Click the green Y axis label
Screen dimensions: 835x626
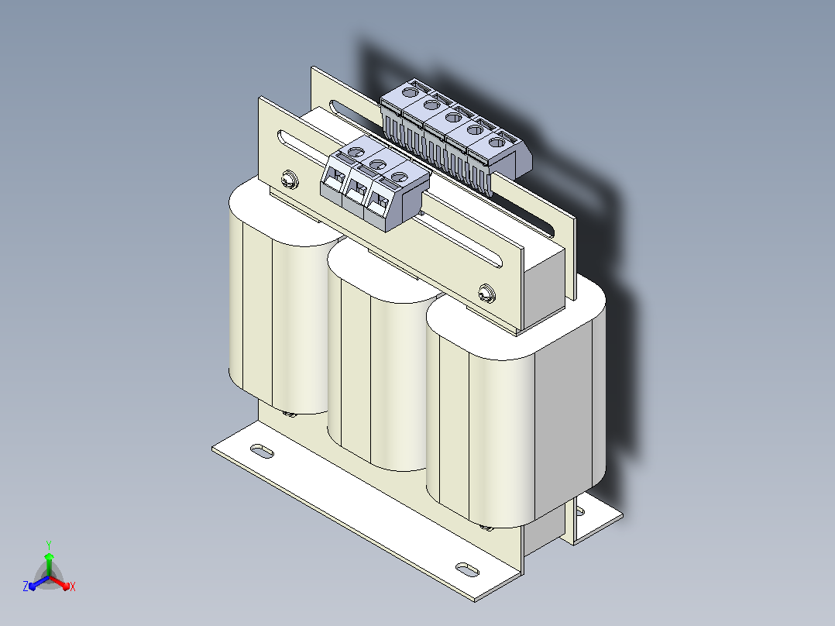click(x=49, y=545)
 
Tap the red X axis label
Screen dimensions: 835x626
click(x=73, y=586)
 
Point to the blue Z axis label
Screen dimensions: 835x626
click(x=25, y=586)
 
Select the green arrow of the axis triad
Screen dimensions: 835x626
click(x=49, y=564)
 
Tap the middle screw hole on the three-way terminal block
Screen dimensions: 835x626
click(x=377, y=164)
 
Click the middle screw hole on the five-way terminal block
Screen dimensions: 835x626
click(x=453, y=117)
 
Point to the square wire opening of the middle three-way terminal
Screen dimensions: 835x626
click(x=359, y=189)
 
